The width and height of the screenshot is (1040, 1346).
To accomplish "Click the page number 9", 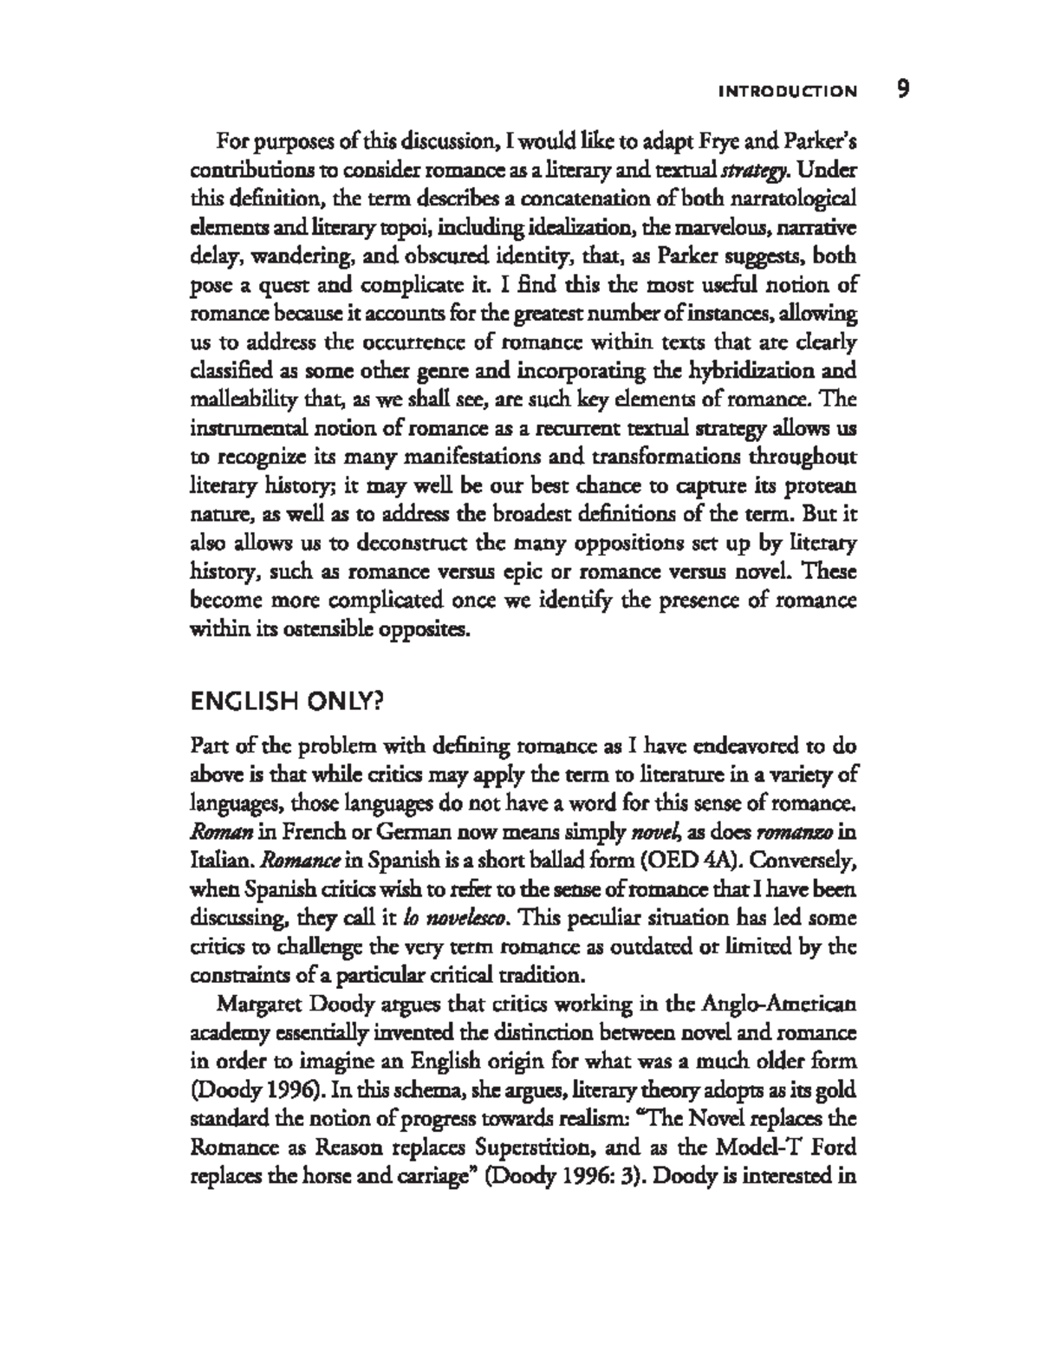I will coord(902,89).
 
